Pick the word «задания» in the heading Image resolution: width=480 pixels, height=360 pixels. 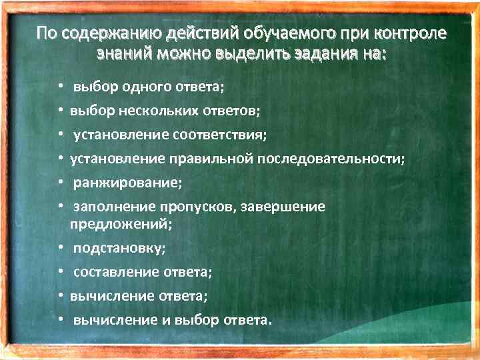click(x=317, y=54)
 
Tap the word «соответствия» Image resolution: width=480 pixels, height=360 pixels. click(x=219, y=135)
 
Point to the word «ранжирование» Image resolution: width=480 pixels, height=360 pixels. click(x=127, y=182)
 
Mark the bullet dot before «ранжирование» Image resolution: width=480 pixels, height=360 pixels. click(x=60, y=182)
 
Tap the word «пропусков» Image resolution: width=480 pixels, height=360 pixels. click(x=196, y=207)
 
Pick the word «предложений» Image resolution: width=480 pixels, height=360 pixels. click(x=120, y=225)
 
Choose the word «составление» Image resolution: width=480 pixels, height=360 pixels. click(x=116, y=272)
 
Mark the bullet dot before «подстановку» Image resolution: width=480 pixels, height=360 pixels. click(x=60, y=248)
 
